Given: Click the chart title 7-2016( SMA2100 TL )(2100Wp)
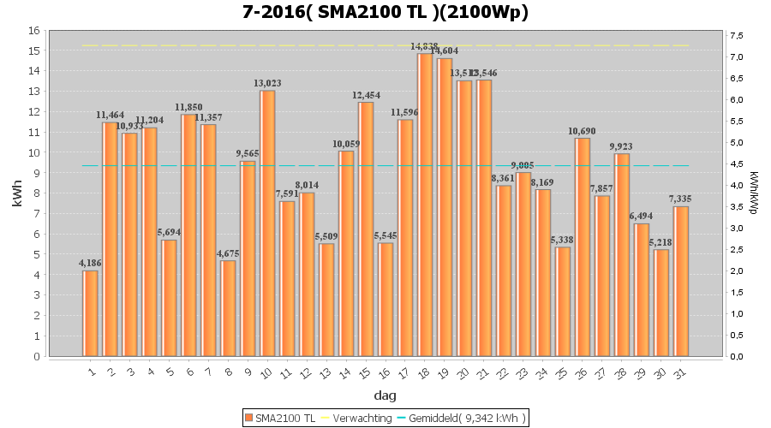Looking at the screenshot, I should point(385,12).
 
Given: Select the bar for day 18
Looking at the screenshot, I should point(425,205).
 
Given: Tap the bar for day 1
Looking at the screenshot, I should point(90,313).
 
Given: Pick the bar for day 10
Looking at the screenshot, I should point(267,223).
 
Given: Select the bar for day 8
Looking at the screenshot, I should point(228,308).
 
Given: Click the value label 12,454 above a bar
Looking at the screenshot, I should point(366,95).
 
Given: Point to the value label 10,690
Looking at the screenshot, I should point(583,131).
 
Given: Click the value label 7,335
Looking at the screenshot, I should point(681,199).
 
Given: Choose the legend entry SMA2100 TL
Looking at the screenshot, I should point(280,418).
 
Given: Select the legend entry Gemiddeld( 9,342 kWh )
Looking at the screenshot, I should point(468,418).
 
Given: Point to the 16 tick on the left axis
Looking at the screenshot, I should point(34,30).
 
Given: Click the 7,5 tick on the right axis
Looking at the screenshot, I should point(734,35).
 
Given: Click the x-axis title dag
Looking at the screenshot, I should point(385,395).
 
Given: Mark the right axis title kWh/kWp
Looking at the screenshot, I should point(753,193).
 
